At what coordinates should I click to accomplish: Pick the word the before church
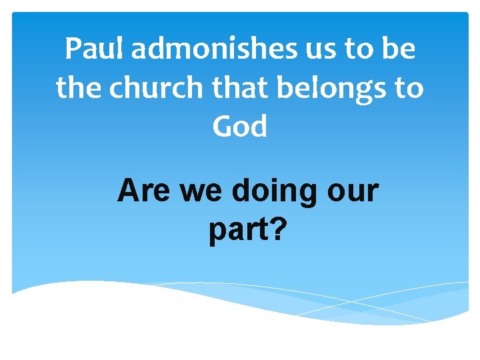80,89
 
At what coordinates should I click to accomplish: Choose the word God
240,127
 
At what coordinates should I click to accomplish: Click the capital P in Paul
73,50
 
